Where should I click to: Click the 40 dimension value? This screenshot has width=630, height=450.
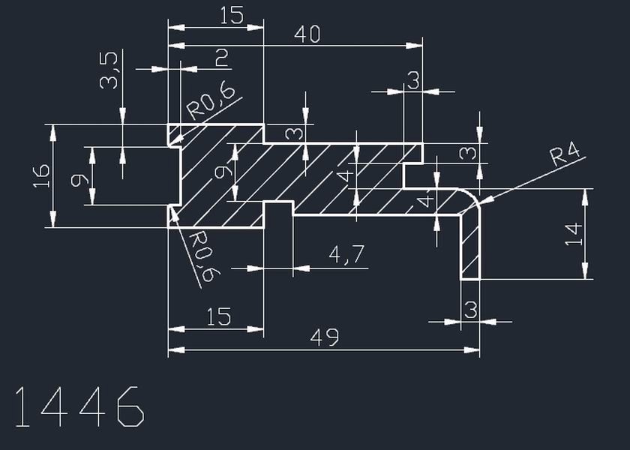pyautogui.click(x=307, y=34)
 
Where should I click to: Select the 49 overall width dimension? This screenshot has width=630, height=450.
pyautogui.click(x=325, y=337)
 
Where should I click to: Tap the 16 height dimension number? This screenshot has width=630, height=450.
pyautogui.click(x=41, y=176)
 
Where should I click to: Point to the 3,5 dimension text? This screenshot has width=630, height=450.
pyautogui.click(x=109, y=70)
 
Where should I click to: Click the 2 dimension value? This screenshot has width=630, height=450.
pyautogui.click(x=222, y=58)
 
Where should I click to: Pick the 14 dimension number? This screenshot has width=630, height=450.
pyautogui.click(x=573, y=234)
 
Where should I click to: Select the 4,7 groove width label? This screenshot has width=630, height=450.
pyautogui.click(x=346, y=255)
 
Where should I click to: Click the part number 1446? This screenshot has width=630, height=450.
pyautogui.click(x=79, y=406)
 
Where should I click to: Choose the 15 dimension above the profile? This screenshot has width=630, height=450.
pyautogui.click(x=232, y=16)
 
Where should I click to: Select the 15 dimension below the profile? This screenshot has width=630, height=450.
pyautogui.click(x=219, y=316)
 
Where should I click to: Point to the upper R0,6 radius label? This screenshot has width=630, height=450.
pyautogui.click(x=211, y=103)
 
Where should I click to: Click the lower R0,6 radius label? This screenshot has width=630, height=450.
pyautogui.click(x=205, y=256)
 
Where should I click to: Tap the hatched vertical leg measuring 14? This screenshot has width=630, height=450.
pyautogui.click(x=470, y=246)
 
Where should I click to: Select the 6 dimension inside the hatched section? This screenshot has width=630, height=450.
pyautogui.click(x=223, y=172)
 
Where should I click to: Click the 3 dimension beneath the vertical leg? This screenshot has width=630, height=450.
pyautogui.click(x=470, y=310)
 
